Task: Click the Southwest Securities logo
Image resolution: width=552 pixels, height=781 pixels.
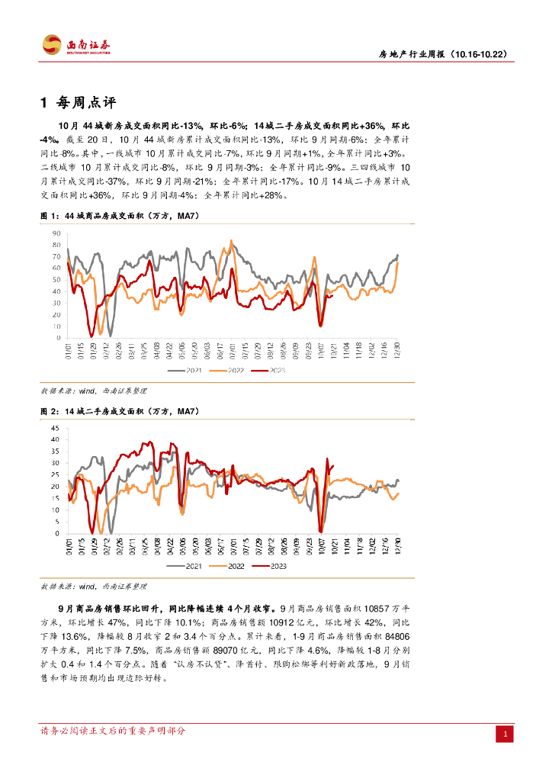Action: pos(76,45)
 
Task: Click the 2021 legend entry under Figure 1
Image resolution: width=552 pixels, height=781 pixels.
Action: pos(191,370)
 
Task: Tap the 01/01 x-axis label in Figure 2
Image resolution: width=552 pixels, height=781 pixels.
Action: pos(69,547)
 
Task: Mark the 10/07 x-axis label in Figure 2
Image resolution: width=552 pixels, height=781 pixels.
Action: pos(321,547)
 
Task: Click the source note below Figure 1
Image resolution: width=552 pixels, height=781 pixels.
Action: pos(93,390)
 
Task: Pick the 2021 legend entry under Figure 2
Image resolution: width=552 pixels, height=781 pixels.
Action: pos(191,566)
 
